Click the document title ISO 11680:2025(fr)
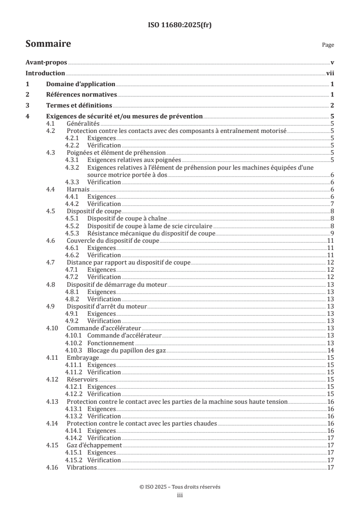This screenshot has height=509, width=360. pyautogui.click(x=180, y=25)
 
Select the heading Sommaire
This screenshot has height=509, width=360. pyautogui.click(x=48, y=44)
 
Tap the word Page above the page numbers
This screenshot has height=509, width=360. pyautogui.click(x=328, y=45)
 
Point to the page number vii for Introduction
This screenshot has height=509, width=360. pyautogui.click(x=330, y=73)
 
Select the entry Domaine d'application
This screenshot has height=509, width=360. pyautogui.click(x=81, y=84)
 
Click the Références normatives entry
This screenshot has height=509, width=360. pyautogui.click(x=82, y=94)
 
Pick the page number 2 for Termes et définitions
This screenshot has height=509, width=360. pyautogui.click(x=332, y=105)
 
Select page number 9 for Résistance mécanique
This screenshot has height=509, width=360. pyautogui.click(x=332, y=233)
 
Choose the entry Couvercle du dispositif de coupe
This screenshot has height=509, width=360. pyautogui.click(x=113, y=240)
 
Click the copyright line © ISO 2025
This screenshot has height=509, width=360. pyautogui.click(x=180, y=487)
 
